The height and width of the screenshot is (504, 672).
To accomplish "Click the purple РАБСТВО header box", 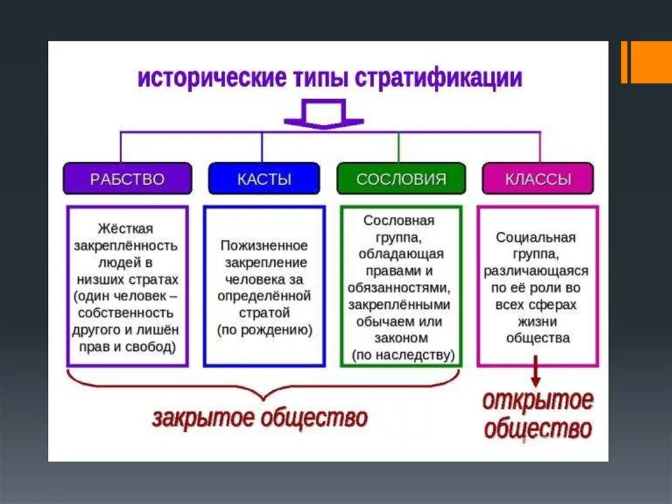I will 127,179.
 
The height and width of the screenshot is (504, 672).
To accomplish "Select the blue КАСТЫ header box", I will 264,179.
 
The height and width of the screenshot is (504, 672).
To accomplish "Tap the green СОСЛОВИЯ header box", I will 401,179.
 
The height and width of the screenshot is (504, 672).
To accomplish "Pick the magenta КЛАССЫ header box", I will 537,179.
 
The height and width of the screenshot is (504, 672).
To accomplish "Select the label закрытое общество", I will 260,418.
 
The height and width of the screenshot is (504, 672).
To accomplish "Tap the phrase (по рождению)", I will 264,329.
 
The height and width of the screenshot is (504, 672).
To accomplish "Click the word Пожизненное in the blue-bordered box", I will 264,245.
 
